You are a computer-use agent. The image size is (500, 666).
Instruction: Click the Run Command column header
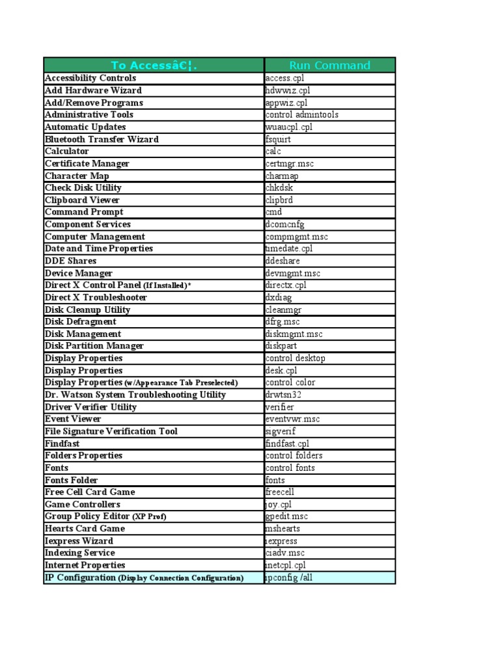329,65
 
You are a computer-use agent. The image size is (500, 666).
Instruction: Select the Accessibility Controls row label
90,78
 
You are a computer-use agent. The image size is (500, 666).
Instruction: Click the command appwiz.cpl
286,103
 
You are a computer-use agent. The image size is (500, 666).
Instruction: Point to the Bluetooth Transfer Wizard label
102,139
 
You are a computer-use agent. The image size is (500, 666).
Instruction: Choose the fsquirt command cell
279,139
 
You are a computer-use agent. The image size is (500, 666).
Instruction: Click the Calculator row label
67,151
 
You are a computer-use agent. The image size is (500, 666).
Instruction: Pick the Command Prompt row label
84,212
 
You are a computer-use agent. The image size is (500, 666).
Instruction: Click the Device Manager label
79,273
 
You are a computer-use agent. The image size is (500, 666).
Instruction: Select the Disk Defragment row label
81,321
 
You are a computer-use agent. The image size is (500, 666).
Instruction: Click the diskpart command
282,346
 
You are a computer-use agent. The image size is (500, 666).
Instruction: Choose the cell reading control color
290,382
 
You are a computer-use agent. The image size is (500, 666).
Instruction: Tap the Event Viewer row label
73,419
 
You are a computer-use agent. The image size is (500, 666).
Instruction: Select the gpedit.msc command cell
286,516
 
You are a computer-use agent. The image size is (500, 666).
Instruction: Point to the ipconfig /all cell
289,578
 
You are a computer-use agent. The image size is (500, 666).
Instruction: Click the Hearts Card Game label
85,528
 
